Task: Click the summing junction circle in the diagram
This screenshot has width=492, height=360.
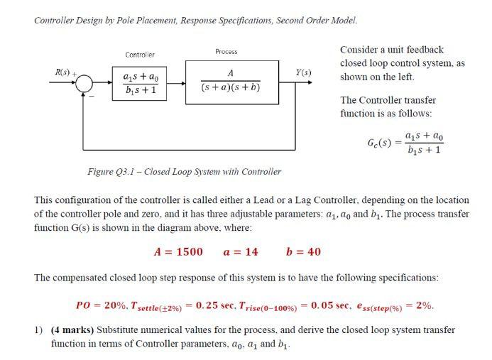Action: coord(84,83)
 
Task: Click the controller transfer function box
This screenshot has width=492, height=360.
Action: coord(141,83)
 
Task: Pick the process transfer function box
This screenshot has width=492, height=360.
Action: coord(231,82)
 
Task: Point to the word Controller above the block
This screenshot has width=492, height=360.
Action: coord(140,55)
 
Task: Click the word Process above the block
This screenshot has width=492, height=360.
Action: coord(226,52)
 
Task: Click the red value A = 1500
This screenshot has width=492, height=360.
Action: coord(178,252)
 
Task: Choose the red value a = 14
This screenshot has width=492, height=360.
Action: coord(241,252)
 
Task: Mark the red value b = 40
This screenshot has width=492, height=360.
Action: coord(303,252)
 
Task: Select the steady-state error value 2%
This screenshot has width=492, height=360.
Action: coord(425,305)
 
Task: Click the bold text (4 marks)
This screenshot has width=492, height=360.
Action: coord(72,330)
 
